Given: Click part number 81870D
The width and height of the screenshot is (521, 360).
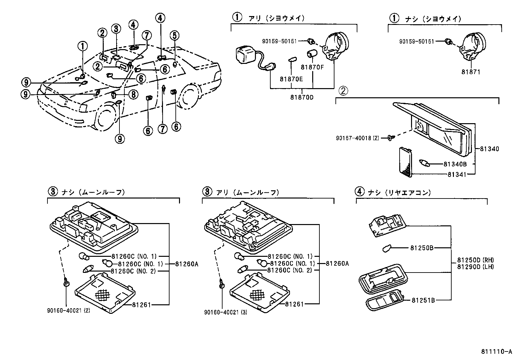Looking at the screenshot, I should (302, 97).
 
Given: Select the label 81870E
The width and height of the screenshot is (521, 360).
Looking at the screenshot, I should (291, 79).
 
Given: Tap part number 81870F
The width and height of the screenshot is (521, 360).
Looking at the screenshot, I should (312, 67).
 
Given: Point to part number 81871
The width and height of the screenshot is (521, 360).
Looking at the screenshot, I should (471, 72).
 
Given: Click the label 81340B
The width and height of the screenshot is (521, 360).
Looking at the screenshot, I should (457, 163).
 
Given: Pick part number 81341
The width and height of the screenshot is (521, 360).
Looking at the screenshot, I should (457, 175).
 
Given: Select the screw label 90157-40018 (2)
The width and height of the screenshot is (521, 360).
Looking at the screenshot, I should (357, 138).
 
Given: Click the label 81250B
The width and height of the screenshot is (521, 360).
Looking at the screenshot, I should (422, 248).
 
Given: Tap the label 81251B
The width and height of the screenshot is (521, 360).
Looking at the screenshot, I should (423, 300).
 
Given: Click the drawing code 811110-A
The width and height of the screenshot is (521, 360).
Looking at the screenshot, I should (496, 352).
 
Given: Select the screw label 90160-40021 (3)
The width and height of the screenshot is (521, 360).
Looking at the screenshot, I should (225, 313).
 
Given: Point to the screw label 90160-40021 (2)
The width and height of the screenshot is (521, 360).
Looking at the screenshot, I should (68, 310).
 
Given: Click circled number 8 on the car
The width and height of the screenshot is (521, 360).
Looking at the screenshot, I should (134, 95).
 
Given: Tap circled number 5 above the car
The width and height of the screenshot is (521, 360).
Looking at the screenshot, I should (174, 35).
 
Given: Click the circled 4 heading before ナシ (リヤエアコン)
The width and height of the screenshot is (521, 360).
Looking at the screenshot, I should (359, 191).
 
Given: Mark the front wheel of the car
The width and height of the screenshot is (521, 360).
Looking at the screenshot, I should (106, 117).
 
